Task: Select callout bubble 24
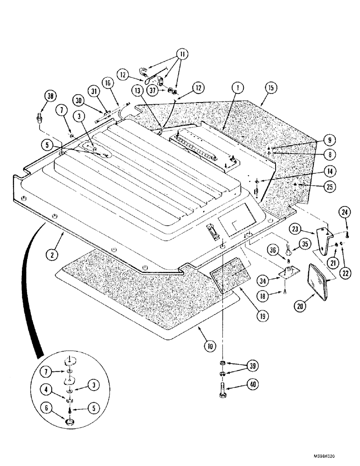click(x=346, y=213)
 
